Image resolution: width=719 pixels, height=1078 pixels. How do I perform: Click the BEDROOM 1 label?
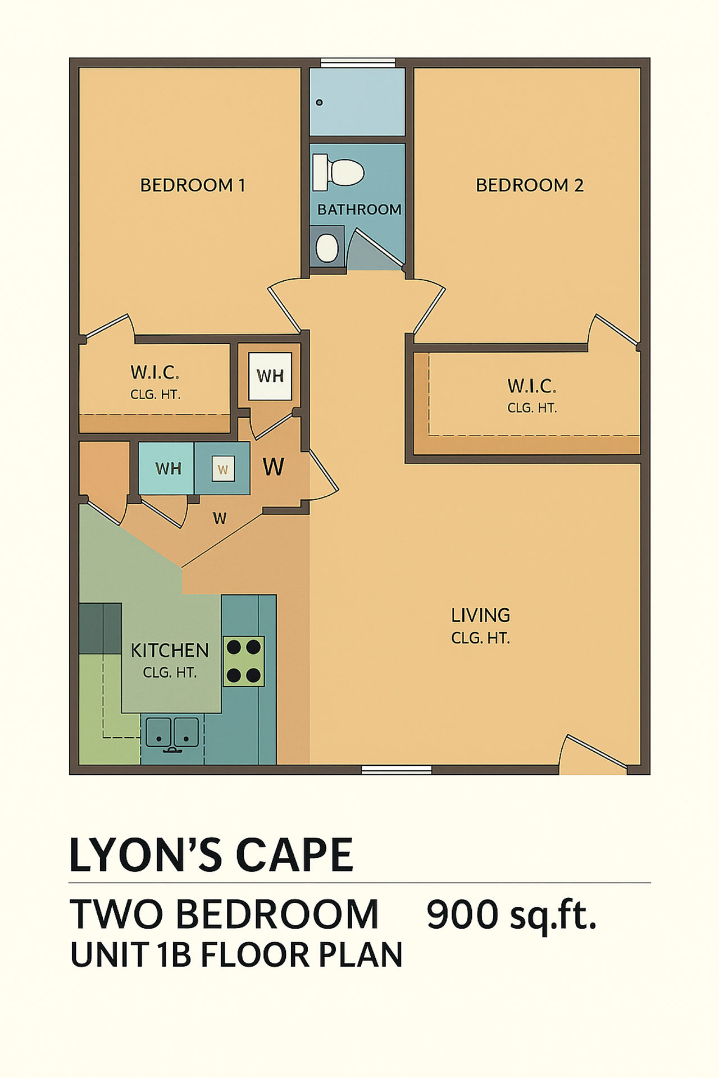(193, 185)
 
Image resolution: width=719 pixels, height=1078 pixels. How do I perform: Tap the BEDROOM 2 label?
(529, 185)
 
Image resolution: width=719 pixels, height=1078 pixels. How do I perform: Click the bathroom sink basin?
(327, 248)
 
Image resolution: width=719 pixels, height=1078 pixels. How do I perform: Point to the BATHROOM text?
(359, 209)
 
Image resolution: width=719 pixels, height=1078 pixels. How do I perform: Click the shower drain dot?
(319, 102)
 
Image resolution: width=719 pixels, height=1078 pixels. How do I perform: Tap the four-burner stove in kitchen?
(244, 661)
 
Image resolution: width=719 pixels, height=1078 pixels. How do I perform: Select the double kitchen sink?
(172, 733)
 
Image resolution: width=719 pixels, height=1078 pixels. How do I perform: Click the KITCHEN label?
(170, 651)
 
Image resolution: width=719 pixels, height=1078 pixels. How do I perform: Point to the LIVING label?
(480, 616)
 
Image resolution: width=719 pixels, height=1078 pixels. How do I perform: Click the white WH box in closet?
(270, 376)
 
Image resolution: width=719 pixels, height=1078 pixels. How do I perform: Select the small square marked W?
(223, 469)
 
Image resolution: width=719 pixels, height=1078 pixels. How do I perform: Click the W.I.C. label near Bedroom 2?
(531, 386)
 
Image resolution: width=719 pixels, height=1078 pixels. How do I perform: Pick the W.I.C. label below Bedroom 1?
(154, 372)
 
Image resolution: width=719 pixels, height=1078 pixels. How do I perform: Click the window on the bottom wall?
(396, 770)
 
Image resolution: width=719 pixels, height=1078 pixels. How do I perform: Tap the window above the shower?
(358, 62)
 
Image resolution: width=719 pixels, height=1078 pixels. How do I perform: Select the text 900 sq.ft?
(511, 915)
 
